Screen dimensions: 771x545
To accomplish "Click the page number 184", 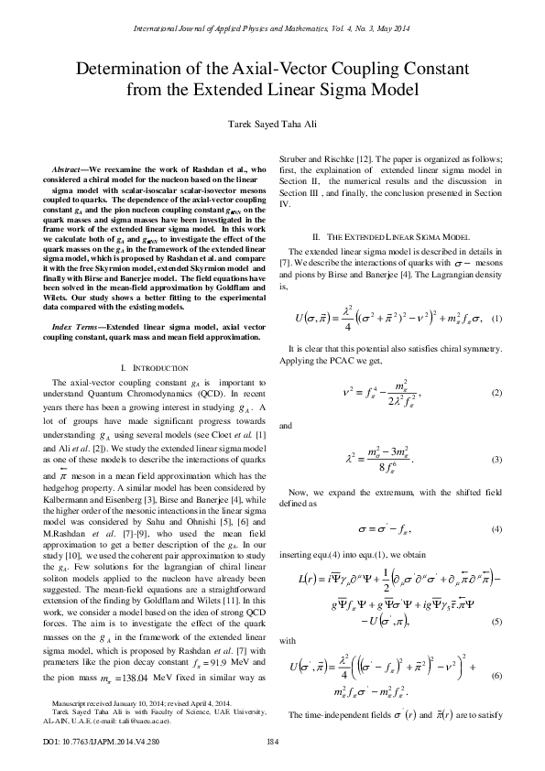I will [272, 741].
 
